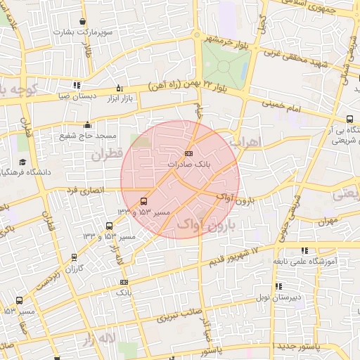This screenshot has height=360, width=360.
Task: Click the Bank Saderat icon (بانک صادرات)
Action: point(188,153)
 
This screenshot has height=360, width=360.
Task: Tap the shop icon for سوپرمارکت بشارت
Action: point(84,22)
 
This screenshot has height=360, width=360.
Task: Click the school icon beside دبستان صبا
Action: point(76,86)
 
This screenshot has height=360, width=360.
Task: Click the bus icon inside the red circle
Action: point(144,201)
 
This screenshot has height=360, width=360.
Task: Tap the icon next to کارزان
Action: point(75,257)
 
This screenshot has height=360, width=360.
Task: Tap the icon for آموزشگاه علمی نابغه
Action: point(304,250)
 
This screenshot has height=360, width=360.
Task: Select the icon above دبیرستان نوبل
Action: point(279,286)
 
